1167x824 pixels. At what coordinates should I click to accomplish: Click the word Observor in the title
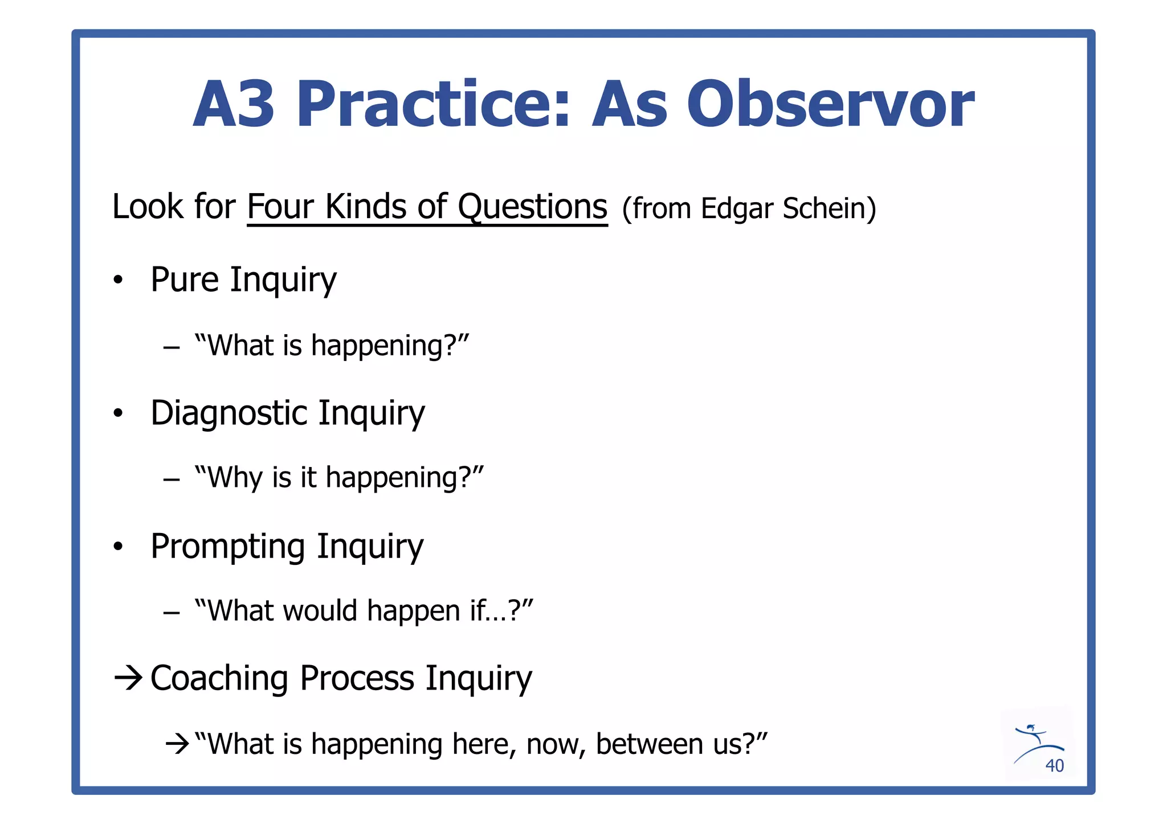[830, 104]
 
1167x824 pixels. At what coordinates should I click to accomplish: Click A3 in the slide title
[234, 104]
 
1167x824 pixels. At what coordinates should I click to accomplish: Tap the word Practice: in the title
[433, 104]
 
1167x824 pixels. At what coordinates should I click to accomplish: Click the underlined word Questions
[532, 207]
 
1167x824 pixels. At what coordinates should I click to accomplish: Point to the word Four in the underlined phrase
[280, 207]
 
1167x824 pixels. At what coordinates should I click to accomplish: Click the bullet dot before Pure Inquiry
[118, 280]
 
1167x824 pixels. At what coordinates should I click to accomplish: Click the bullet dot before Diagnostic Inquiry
[118, 413]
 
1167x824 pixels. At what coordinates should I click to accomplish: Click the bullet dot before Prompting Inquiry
[118, 547]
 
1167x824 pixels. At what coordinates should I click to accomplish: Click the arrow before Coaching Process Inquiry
[128, 678]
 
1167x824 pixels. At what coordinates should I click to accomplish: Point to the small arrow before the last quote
[177, 744]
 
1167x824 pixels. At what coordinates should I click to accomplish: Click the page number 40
[1054, 766]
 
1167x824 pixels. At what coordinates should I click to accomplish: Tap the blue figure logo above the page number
[1036, 741]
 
